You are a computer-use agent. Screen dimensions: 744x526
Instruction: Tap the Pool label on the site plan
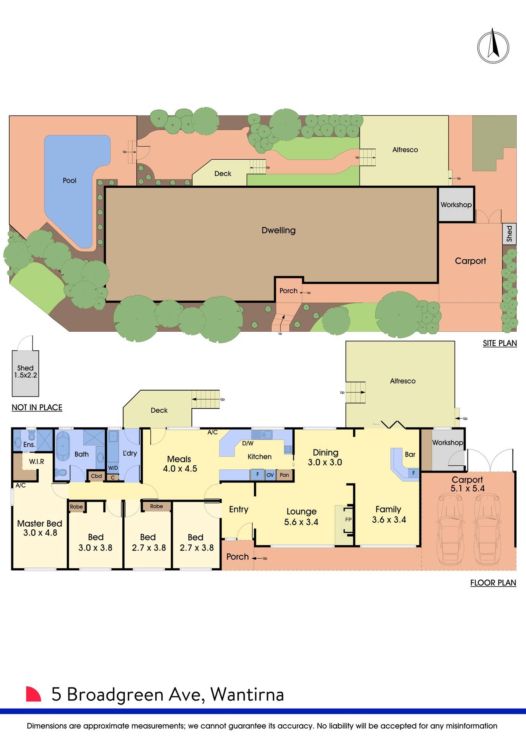[70, 181]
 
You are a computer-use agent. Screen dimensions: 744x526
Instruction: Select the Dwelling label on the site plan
[278, 230]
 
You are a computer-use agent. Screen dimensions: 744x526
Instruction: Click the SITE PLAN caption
[500, 343]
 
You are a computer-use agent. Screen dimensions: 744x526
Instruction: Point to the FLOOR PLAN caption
[493, 583]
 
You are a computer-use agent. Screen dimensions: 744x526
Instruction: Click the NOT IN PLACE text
[37, 407]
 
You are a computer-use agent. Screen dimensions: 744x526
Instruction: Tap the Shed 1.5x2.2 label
[26, 372]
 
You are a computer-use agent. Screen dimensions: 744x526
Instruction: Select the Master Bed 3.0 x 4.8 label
[40, 528]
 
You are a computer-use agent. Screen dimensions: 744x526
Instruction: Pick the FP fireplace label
[348, 520]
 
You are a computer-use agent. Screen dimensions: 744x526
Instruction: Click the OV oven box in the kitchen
[270, 475]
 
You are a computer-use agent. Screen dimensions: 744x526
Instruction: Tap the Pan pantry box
[284, 475]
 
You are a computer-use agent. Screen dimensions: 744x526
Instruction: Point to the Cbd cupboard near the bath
[96, 476]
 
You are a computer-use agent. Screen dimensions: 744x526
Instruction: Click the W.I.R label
[36, 462]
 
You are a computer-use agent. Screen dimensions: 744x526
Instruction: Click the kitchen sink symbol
[262, 434]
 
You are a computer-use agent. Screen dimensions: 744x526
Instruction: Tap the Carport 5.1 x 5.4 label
[468, 484]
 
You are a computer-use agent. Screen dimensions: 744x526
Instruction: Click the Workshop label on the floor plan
[447, 442]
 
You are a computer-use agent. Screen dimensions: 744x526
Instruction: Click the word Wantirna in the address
[247, 694]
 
